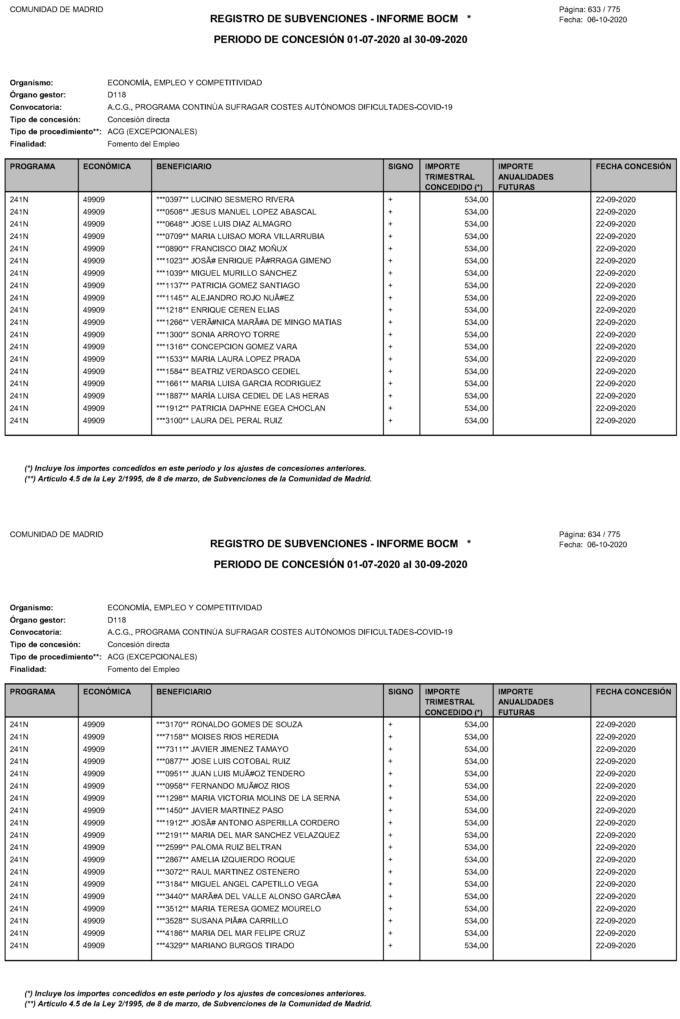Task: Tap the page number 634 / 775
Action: tap(604, 535)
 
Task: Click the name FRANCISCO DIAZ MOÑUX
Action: tap(239, 249)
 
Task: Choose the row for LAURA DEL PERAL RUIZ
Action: tap(236, 420)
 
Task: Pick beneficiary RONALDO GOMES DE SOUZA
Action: tap(246, 724)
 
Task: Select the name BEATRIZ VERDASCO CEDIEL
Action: tap(245, 371)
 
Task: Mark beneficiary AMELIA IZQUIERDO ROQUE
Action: tap(243, 859)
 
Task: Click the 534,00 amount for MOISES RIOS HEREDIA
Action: tap(476, 737)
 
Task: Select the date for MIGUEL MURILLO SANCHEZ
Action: tap(615, 273)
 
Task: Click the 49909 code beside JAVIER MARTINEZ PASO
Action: tap(94, 810)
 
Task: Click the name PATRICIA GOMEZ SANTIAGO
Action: tap(245, 285)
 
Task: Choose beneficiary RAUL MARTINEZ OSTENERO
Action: tap(245, 872)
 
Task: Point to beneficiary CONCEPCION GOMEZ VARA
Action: tap(244, 347)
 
